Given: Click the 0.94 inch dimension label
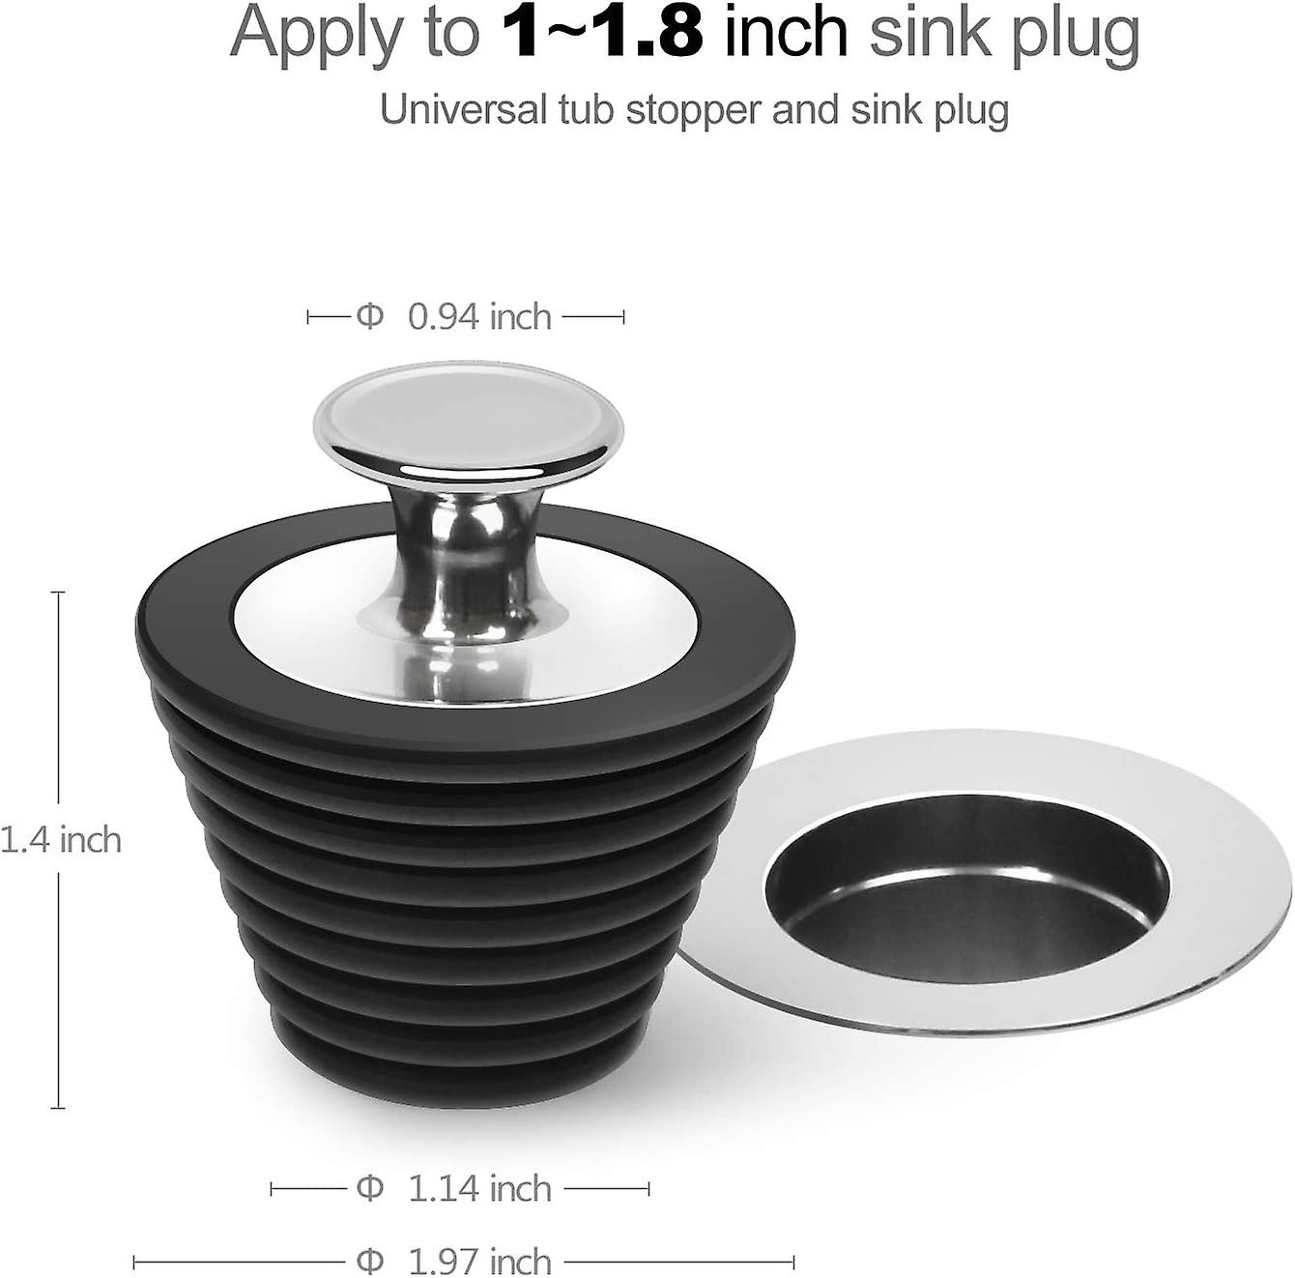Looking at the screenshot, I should (479, 317).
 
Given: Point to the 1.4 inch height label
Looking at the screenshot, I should (61, 839).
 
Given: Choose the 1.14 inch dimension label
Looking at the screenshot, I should (479, 1188).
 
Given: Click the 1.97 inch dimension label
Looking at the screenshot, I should (479, 1262).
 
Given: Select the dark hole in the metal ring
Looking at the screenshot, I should (966, 899).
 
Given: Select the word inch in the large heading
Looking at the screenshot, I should (786, 33).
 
